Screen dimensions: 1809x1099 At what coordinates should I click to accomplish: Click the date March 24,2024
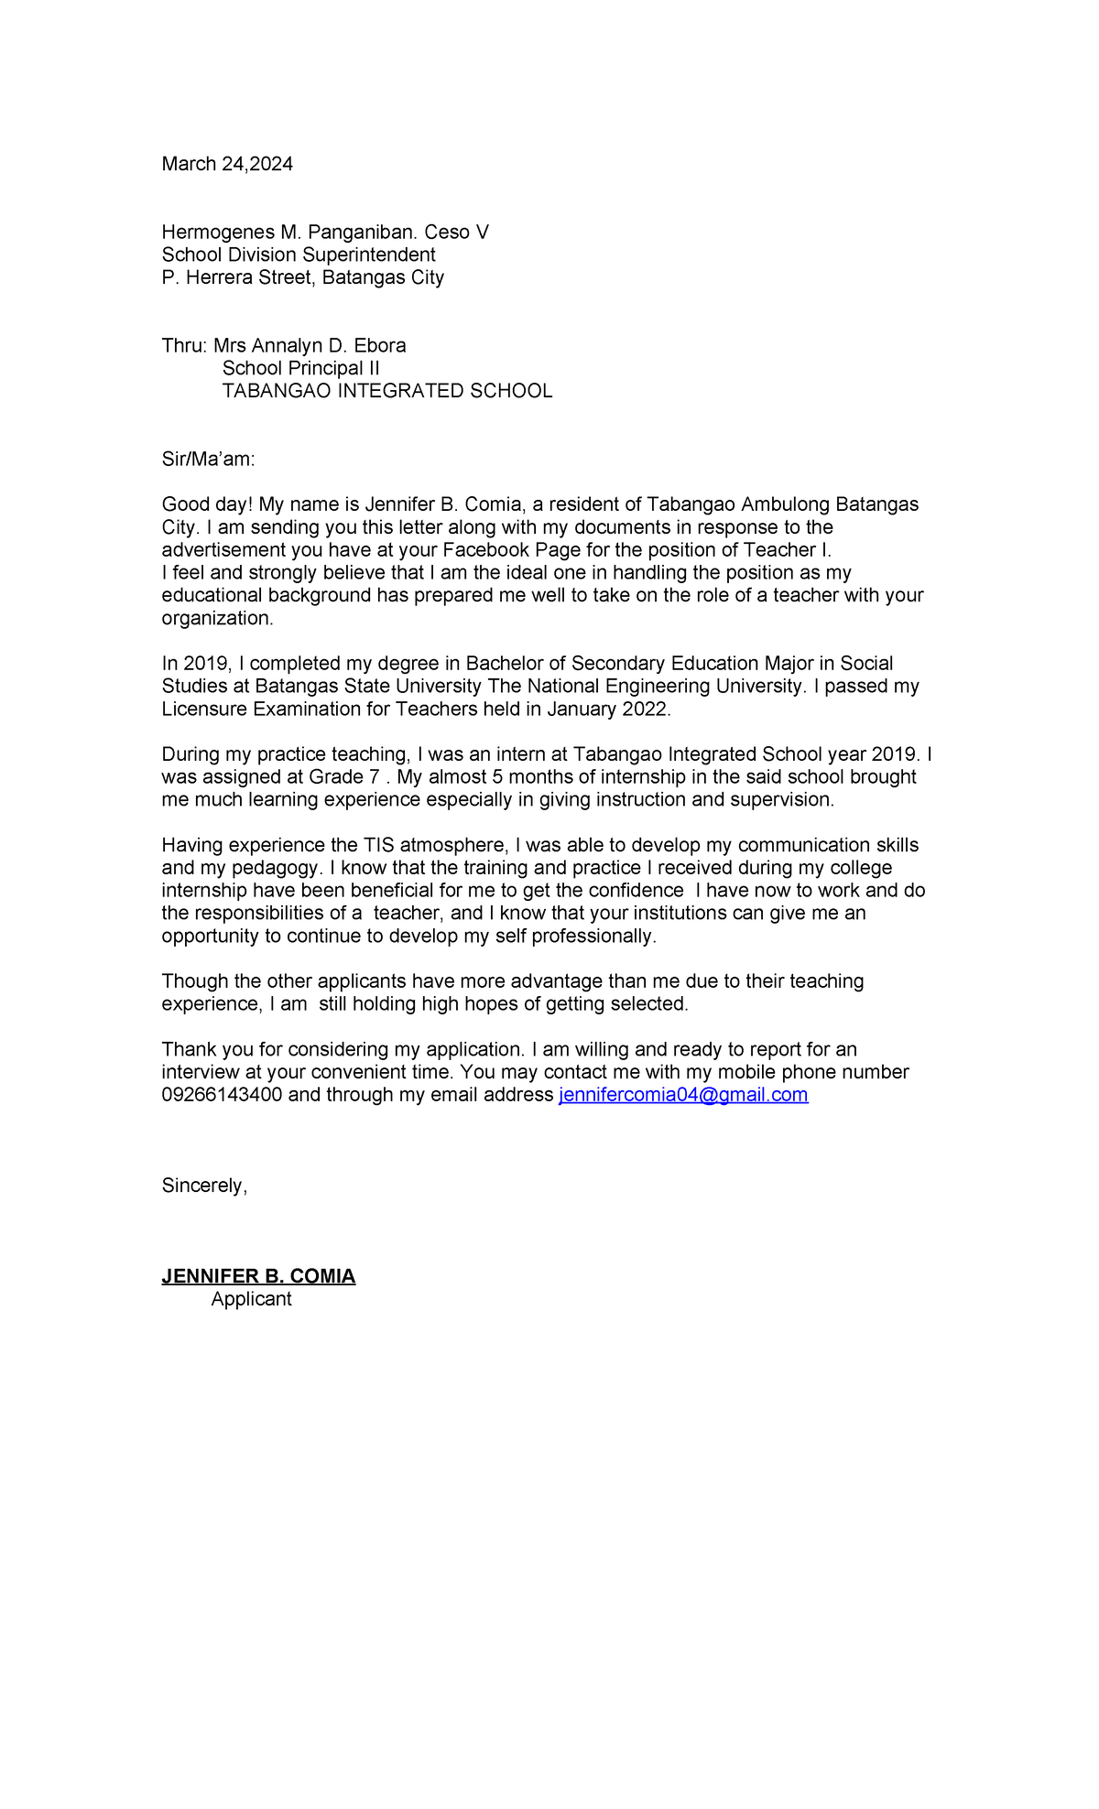click(227, 164)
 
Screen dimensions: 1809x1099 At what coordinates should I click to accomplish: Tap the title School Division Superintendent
click(299, 255)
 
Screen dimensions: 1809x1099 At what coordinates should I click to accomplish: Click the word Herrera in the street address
click(218, 277)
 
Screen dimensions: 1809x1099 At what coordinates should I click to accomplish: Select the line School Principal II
click(300, 368)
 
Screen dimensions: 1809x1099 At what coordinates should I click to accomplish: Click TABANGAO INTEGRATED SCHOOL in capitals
click(386, 391)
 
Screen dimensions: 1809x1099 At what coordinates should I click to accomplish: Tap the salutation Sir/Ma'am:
click(208, 460)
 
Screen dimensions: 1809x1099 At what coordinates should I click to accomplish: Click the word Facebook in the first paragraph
click(485, 550)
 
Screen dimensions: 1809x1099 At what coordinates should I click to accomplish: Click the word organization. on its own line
click(218, 618)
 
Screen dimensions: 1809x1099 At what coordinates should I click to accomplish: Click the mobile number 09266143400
click(222, 1095)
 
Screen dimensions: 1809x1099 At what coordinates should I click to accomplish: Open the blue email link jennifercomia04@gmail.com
click(683, 1095)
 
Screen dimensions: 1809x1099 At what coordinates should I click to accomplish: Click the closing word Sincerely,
click(204, 1186)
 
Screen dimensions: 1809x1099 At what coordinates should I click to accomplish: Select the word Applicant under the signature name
click(251, 1299)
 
